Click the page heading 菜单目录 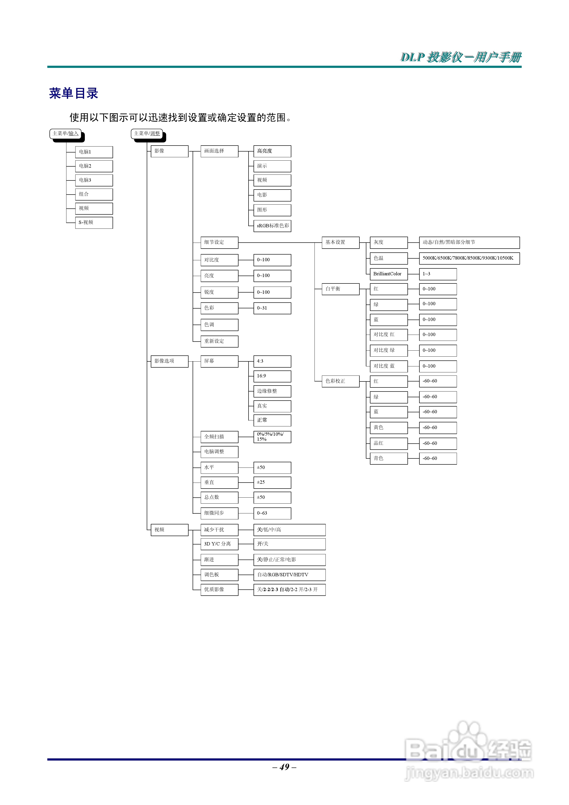73,93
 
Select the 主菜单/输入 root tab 65,134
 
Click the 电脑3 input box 94,180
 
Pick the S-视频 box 94,223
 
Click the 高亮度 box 272,151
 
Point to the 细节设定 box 219,242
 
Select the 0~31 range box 272,308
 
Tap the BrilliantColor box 388,274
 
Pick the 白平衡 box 340,289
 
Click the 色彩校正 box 340,381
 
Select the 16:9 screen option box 272,376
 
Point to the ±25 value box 272,482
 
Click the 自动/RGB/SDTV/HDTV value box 289,575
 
